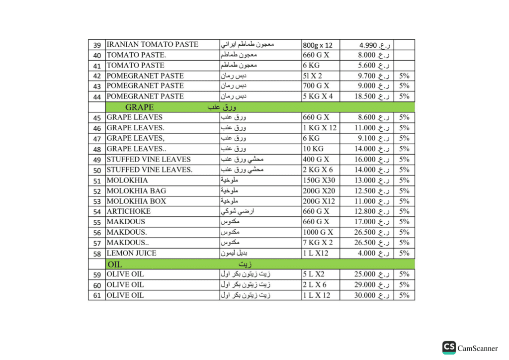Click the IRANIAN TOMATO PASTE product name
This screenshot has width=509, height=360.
152,44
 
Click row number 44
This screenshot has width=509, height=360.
97,96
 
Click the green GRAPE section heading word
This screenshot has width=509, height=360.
139,107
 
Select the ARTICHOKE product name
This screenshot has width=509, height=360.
128,211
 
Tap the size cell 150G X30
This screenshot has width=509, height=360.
318,180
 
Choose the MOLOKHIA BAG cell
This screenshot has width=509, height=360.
136,190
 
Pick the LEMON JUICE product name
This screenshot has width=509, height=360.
131,253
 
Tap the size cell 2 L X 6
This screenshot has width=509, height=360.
314,284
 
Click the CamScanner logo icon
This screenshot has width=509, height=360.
449,348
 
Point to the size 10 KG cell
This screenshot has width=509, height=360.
313,149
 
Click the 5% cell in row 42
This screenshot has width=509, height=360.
404,76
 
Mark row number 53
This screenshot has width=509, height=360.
97,201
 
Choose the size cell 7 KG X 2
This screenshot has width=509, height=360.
318,243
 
